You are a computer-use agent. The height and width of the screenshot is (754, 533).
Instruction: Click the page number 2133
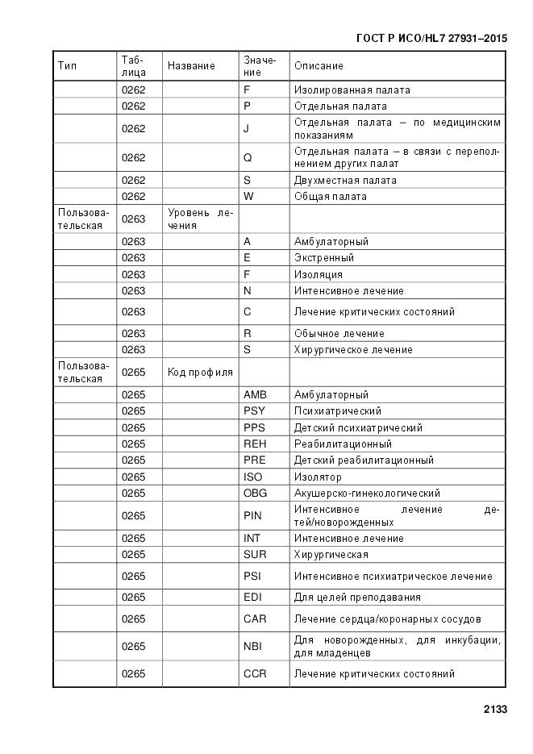pos(494,710)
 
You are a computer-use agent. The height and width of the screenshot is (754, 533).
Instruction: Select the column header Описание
pos(319,66)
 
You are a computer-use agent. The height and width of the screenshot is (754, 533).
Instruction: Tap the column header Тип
pos(68,66)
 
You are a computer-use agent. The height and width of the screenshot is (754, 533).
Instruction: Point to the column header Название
pos(191,66)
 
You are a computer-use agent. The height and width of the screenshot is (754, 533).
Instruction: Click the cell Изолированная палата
pos(352,90)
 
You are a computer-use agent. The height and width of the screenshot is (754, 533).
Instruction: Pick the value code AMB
pos(255,395)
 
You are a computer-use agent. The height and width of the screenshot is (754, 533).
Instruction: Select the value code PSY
pos(255,411)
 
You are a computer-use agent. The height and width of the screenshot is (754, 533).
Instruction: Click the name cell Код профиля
pos(200,373)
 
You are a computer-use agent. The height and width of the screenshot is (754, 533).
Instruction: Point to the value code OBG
pos(255,494)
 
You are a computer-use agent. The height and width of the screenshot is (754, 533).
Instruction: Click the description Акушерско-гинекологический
pos(367,494)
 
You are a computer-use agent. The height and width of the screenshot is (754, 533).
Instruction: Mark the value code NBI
pos(253,647)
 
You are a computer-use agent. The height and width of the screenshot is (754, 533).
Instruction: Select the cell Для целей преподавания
pos(357,598)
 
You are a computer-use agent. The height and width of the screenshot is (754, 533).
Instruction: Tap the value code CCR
pos(255,674)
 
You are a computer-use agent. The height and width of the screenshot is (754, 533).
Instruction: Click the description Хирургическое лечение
pos(353,350)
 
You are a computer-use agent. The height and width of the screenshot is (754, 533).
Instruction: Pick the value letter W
pos(248,197)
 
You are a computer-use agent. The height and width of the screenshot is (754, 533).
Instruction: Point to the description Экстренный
pos(324,258)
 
